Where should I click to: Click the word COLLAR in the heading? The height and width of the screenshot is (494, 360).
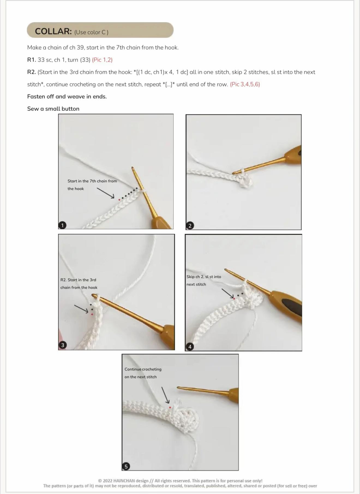pyautogui.click(x=53, y=31)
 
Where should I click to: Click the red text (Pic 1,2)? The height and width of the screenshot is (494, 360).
pyautogui.click(x=102, y=60)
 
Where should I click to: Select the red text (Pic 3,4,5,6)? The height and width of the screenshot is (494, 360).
pyautogui.click(x=245, y=84)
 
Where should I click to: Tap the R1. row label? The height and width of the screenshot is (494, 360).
pyautogui.click(x=32, y=60)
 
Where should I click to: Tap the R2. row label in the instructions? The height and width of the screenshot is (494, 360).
pyautogui.click(x=32, y=72)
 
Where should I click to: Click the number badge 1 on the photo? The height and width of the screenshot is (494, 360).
pyautogui.click(x=62, y=225)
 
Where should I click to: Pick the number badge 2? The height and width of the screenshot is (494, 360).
pyautogui.click(x=190, y=225)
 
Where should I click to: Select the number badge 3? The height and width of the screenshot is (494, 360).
pyautogui.click(x=62, y=345)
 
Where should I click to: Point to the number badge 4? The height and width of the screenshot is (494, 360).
pyautogui.click(x=190, y=347)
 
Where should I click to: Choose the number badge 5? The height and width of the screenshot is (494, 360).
pyautogui.click(x=126, y=466)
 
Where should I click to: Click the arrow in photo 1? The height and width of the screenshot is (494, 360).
pyautogui.click(x=106, y=193)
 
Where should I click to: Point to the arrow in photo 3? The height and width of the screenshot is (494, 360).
pyautogui.click(x=81, y=309)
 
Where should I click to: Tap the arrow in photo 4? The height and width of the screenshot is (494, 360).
pyautogui.click(x=228, y=293)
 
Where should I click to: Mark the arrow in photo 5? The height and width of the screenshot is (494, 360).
pyautogui.click(x=166, y=395)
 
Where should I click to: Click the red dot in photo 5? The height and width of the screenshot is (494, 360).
pyautogui.click(x=170, y=407)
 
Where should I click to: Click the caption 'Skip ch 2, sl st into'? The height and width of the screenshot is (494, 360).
pyautogui.click(x=204, y=277)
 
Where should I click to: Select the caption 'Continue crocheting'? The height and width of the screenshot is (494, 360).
pyautogui.click(x=143, y=369)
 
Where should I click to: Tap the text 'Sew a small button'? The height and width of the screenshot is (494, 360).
pyautogui.click(x=53, y=109)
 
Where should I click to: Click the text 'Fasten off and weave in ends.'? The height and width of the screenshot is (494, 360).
pyautogui.click(x=67, y=96)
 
